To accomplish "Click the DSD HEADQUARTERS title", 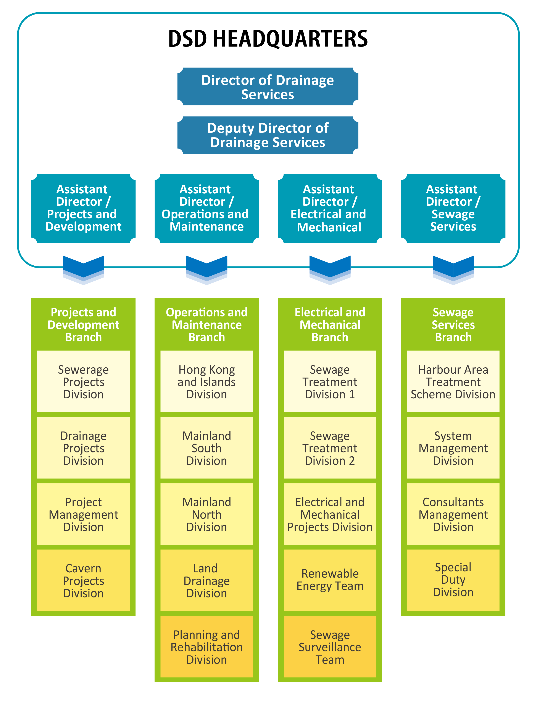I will click(x=268, y=39).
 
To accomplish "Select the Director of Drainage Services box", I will click(x=268, y=87).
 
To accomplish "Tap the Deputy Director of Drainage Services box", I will click(x=268, y=135).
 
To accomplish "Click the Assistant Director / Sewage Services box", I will click(x=453, y=208).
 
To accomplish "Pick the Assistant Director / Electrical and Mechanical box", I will click(x=330, y=208).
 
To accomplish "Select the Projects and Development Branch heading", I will click(x=83, y=325).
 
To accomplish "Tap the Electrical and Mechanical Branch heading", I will click(x=330, y=325).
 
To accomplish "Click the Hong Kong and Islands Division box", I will click(x=207, y=382).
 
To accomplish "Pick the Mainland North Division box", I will click(x=207, y=514).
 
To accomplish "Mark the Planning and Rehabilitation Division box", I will click(x=207, y=647).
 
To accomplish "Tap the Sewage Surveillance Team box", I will click(x=330, y=647).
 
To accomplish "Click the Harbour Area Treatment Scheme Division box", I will click(x=453, y=382).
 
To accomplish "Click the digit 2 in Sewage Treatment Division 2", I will click(x=352, y=461).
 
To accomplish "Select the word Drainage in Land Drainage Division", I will click(x=207, y=581).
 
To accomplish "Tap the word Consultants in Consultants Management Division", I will click(x=453, y=502).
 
